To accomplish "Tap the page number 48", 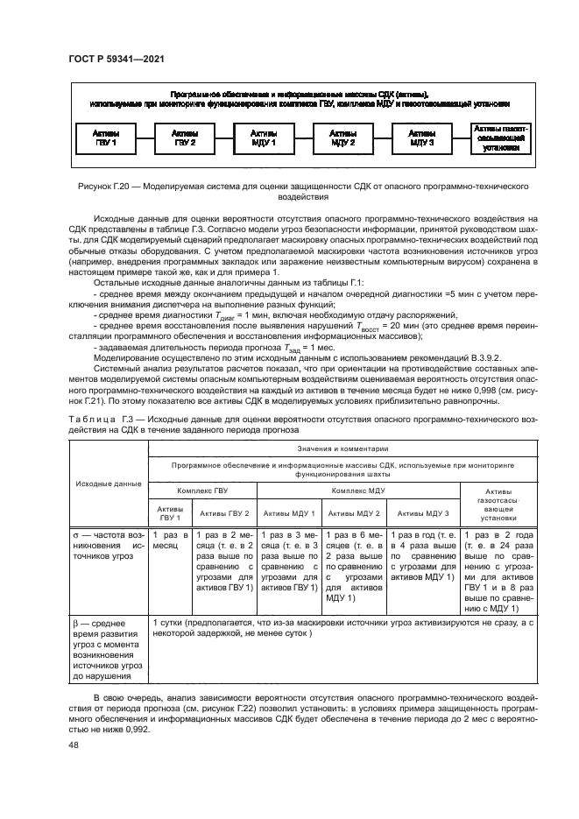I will [x=73, y=745].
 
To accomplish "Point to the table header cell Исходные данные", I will [x=108, y=483].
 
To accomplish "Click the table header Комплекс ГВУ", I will [x=201, y=492].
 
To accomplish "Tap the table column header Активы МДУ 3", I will [x=423, y=513].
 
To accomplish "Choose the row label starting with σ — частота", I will [x=108, y=544].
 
